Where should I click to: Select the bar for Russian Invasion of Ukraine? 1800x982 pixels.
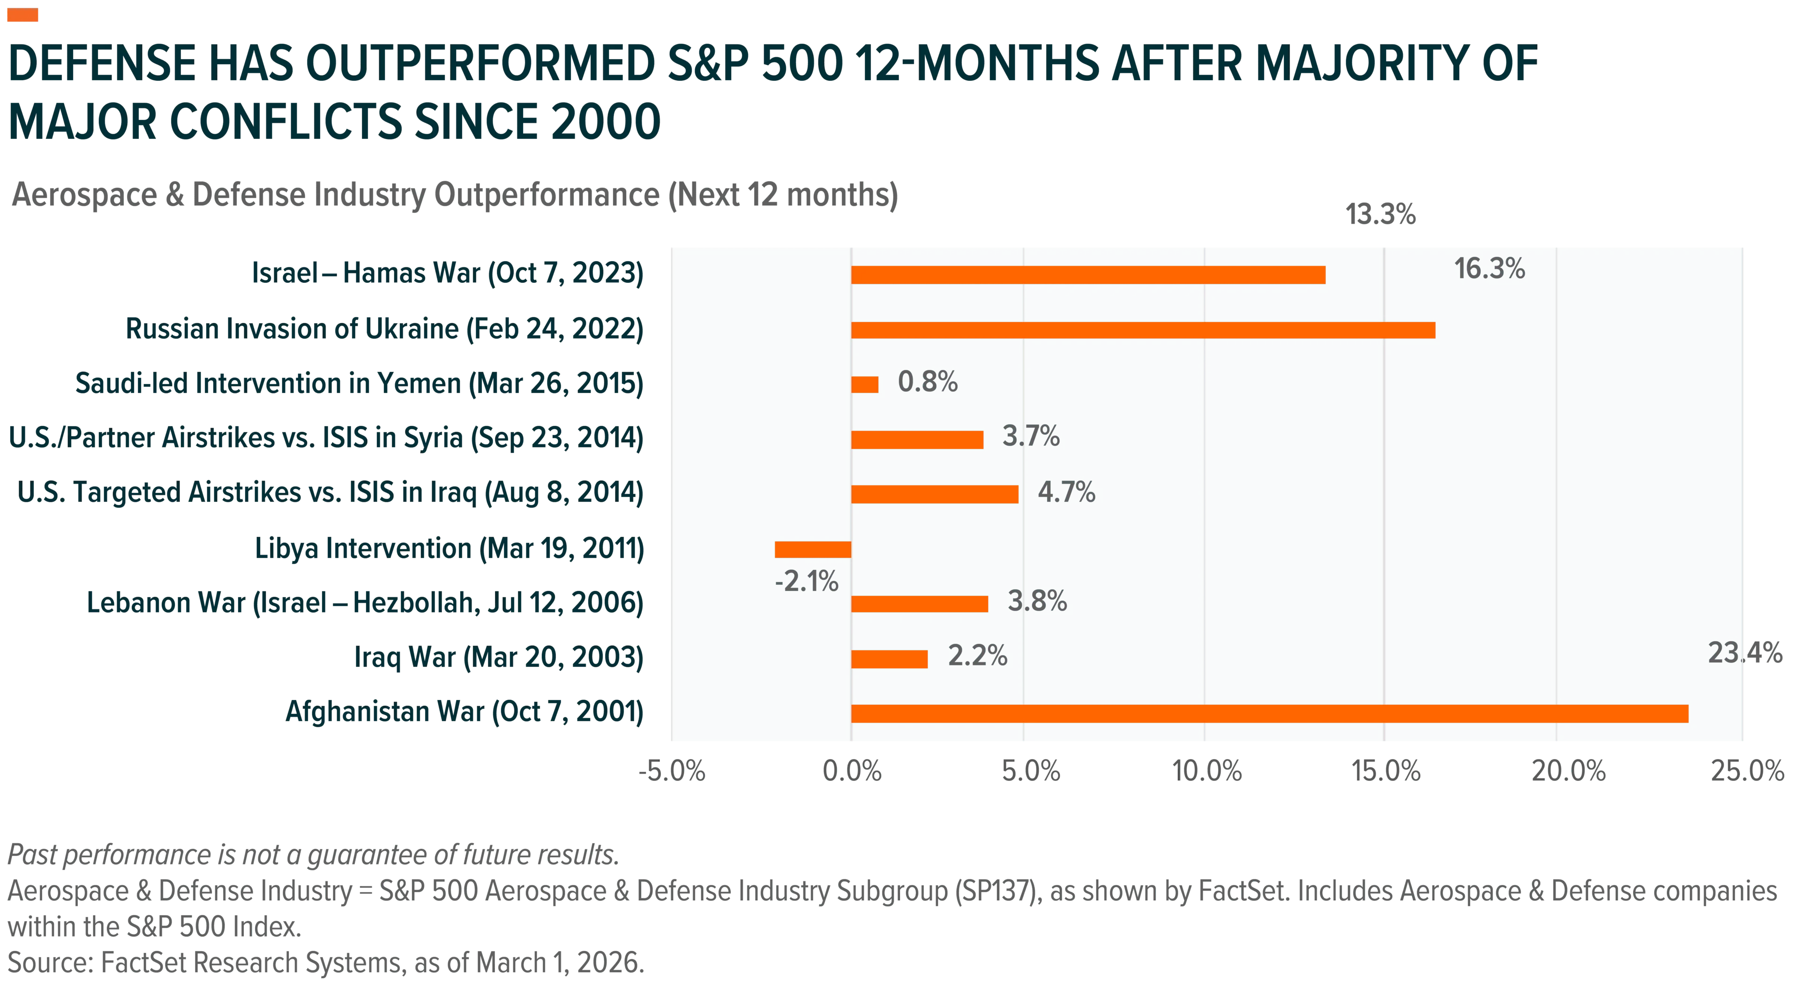click(x=1143, y=330)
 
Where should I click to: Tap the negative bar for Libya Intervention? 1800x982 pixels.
click(x=813, y=549)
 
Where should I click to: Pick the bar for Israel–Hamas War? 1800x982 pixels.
click(x=1088, y=275)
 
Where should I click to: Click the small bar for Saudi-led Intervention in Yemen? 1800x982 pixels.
click(x=864, y=385)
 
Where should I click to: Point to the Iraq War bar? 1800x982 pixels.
click(x=889, y=659)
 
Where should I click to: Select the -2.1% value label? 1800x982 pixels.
click(x=806, y=582)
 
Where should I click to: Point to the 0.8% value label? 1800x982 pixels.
click(x=927, y=382)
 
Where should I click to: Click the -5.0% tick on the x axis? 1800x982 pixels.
click(x=672, y=771)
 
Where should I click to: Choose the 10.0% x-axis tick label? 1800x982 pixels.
click(x=1207, y=771)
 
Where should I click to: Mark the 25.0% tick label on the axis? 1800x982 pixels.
click(x=1747, y=771)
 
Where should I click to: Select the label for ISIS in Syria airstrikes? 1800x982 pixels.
click(x=326, y=438)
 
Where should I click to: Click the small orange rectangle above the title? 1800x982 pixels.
click(x=22, y=15)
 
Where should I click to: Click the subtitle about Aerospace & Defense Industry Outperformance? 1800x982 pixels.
click(x=455, y=195)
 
